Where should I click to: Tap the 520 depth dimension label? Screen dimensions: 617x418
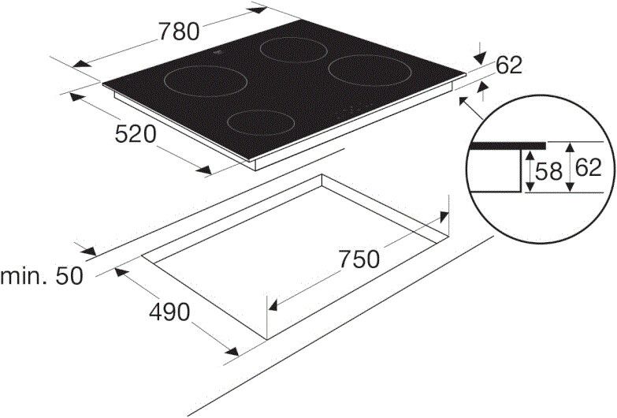pos(136,134)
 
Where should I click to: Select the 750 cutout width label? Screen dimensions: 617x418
pos(359,259)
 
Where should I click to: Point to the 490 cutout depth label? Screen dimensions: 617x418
pos(169,312)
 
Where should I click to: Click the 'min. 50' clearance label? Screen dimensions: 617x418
pos(42,276)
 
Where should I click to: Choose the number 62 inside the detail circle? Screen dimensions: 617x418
pos(589,168)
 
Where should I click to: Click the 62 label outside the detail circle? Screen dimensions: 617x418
pos(509,65)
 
